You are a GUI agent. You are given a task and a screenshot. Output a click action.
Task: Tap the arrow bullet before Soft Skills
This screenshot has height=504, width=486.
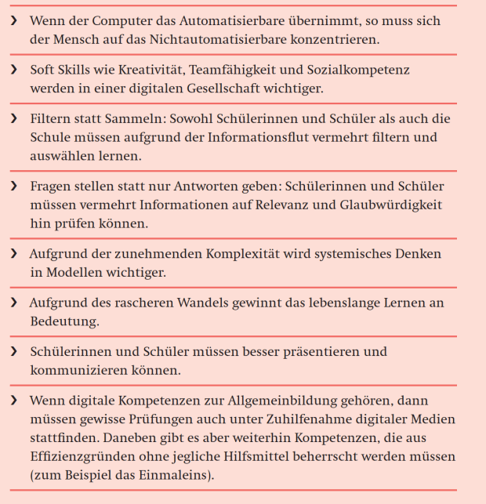click(13, 70)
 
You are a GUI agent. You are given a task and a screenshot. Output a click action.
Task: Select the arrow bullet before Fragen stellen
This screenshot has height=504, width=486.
click(13, 187)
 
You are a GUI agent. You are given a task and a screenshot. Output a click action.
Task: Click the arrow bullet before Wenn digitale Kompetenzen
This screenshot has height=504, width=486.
click(13, 401)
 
